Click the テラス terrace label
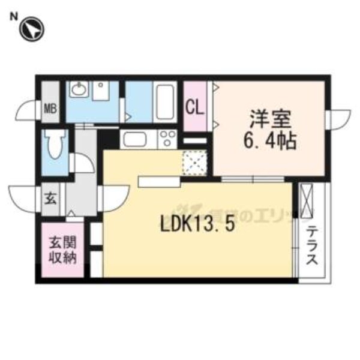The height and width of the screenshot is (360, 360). click(313, 247)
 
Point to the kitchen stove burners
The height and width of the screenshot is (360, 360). click(166, 140)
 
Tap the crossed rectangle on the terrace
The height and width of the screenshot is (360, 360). click(307, 201)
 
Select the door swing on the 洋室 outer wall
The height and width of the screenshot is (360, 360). click(338, 117)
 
